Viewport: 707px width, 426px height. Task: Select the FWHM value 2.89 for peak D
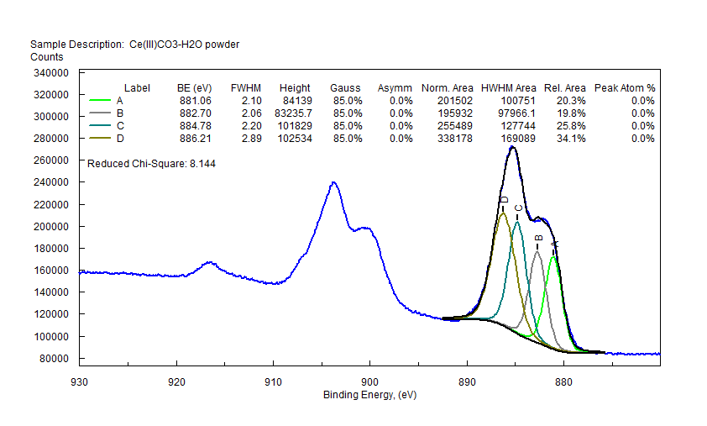coord(245,139)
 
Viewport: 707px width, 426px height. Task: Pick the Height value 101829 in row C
coord(294,126)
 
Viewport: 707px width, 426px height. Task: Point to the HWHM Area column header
coord(508,88)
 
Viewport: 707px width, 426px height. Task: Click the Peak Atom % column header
coord(625,88)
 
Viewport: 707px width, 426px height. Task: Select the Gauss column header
coord(345,88)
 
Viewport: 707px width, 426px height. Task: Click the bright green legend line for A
coord(100,101)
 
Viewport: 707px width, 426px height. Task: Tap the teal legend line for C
coord(100,126)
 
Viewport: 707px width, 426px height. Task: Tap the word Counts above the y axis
coord(47,57)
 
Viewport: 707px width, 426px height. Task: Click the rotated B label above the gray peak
coord(538,239)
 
